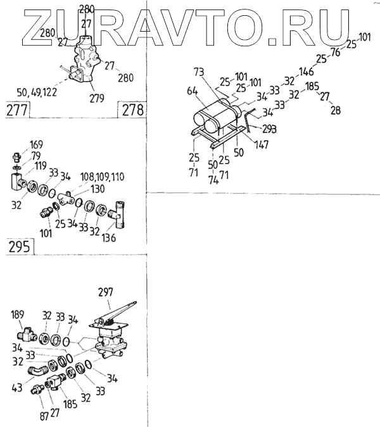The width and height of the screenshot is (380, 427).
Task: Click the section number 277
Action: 17,110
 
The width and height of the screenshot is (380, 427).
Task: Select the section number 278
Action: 132,110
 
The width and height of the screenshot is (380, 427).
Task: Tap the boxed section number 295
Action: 19,247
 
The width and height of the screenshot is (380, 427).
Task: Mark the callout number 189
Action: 18,314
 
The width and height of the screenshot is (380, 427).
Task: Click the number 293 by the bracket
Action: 270,129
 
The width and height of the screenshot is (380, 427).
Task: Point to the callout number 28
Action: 336,109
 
